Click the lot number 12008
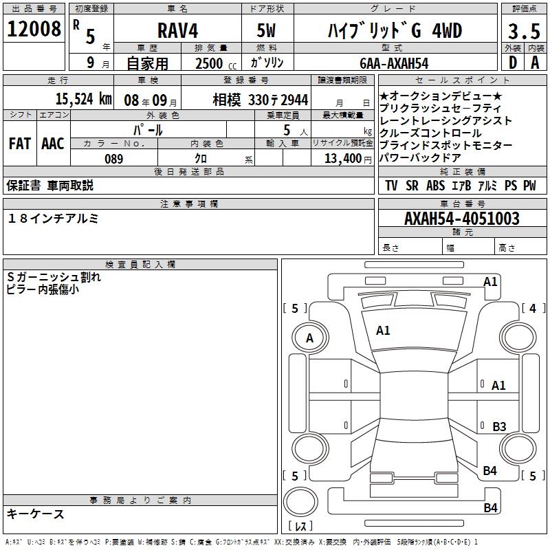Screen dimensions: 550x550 (x=35, y=29)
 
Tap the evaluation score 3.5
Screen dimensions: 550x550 (x=523, y=31)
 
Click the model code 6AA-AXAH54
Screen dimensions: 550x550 (x=394, y=63)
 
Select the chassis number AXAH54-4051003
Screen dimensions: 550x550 (x=462, y=219)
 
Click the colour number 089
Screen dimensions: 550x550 (x=114, y=159)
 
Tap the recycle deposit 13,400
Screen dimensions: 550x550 (x=343, y=159)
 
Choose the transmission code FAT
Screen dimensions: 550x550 (x=20, y=143)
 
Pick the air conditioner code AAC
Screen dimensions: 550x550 (x=53, y=143)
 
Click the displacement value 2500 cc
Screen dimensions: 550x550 (x=214, y=63)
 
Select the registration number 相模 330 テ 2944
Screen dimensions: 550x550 (x=261, y=99)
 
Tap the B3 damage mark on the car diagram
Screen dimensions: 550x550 (x=499, y=426)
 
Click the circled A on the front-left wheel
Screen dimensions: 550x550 (x=309, y=338)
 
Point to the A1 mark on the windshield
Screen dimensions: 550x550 (x=383, y=331)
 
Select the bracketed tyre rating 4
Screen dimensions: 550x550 (x=532, y=309)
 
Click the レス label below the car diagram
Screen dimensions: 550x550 (x=300, y=527)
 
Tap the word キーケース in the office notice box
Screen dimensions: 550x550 (x=36, y=514)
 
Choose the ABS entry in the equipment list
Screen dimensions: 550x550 (x=435, y=186)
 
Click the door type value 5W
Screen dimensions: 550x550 (x=266, y=31)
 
